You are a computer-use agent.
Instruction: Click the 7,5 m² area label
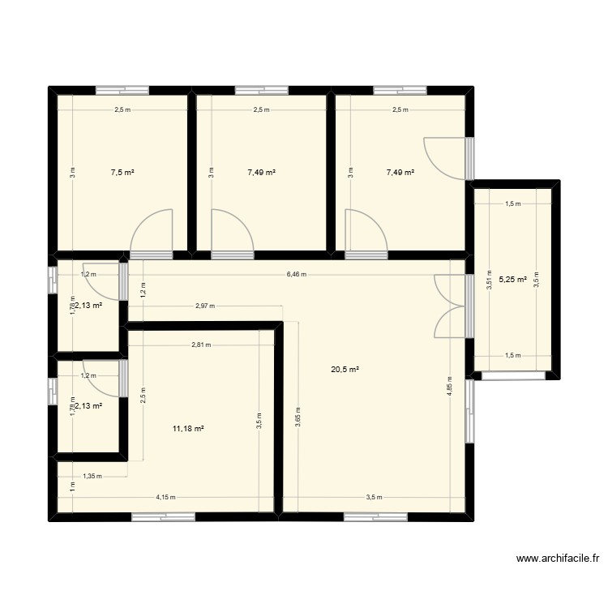(122, 172)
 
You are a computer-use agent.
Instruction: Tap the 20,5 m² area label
(345, 370)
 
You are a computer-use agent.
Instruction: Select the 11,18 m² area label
(188, 427)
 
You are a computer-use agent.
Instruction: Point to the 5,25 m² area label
(512, 280)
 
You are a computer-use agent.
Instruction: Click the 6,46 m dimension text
(297, 274)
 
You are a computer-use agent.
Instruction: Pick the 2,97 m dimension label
(204, 306)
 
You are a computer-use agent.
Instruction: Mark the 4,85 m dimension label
(449, 383)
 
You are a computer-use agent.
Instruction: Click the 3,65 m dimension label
(298, 416)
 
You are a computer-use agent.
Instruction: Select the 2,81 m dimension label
(201, 345)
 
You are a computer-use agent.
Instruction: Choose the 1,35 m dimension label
(92, 477)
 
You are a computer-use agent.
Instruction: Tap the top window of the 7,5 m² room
(120, 90)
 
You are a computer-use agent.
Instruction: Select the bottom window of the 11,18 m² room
(163, 516)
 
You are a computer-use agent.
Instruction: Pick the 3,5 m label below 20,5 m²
(374, 497)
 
